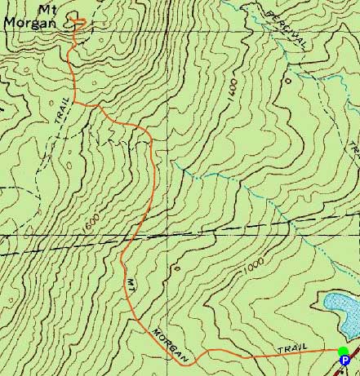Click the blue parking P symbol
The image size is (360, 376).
coord(344,360)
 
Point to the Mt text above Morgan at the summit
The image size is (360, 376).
coord(35,8)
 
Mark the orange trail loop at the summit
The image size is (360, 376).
coord(78,22)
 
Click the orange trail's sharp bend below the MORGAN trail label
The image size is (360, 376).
coord(201,353)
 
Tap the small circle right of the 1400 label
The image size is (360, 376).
coord(287,82)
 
